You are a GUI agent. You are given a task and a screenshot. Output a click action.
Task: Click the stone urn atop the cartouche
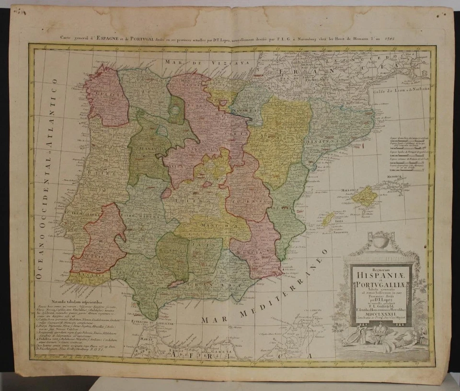tap(380, 240)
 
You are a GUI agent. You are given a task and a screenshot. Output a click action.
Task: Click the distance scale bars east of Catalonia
tap(405, 153)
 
